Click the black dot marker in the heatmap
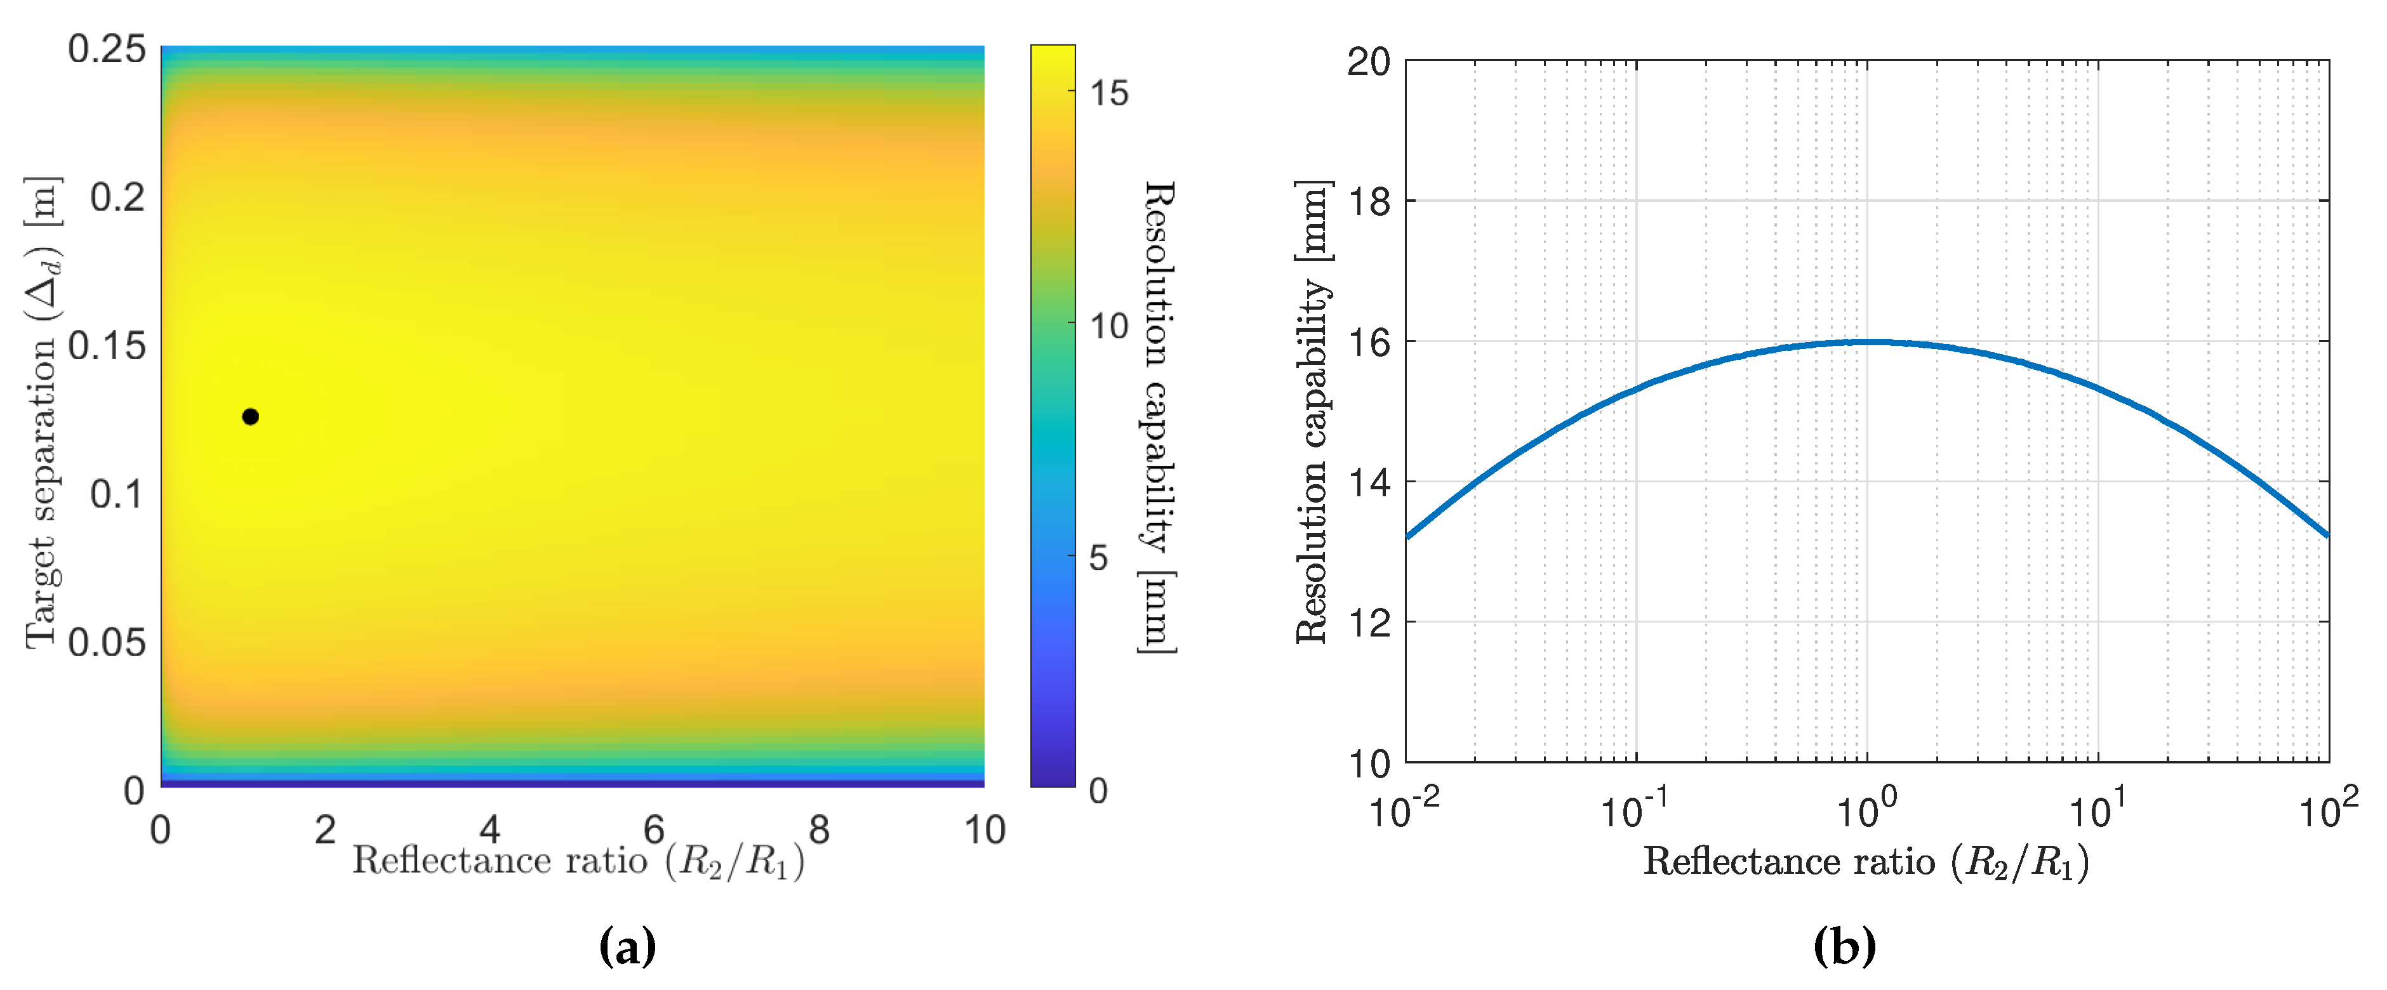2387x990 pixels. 250,417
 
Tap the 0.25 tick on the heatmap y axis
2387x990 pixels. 107,49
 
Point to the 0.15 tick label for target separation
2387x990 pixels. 107,346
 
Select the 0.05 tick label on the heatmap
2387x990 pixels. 107,643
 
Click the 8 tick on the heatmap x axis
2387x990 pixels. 819,830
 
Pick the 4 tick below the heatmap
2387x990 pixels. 490,830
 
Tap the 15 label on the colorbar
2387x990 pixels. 1109,93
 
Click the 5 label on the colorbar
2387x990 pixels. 1099,558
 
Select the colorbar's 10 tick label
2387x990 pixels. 1109,326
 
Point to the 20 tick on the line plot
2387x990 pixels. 1369,62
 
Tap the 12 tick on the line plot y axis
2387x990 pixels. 1369,623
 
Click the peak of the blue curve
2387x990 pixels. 1867,341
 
